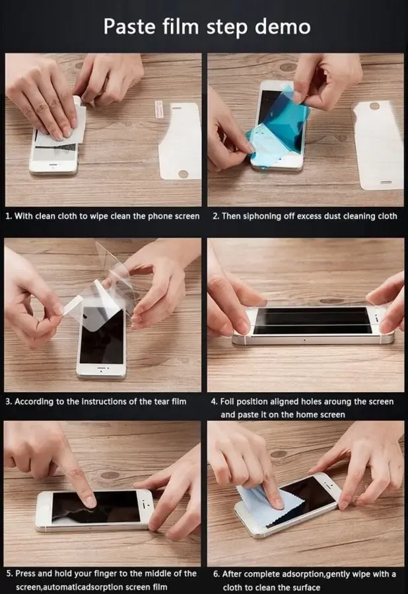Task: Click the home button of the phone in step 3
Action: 101,370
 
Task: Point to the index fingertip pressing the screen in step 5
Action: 88,501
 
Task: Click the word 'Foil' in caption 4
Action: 230,401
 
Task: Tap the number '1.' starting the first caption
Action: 9,216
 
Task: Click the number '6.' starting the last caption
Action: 217,574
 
